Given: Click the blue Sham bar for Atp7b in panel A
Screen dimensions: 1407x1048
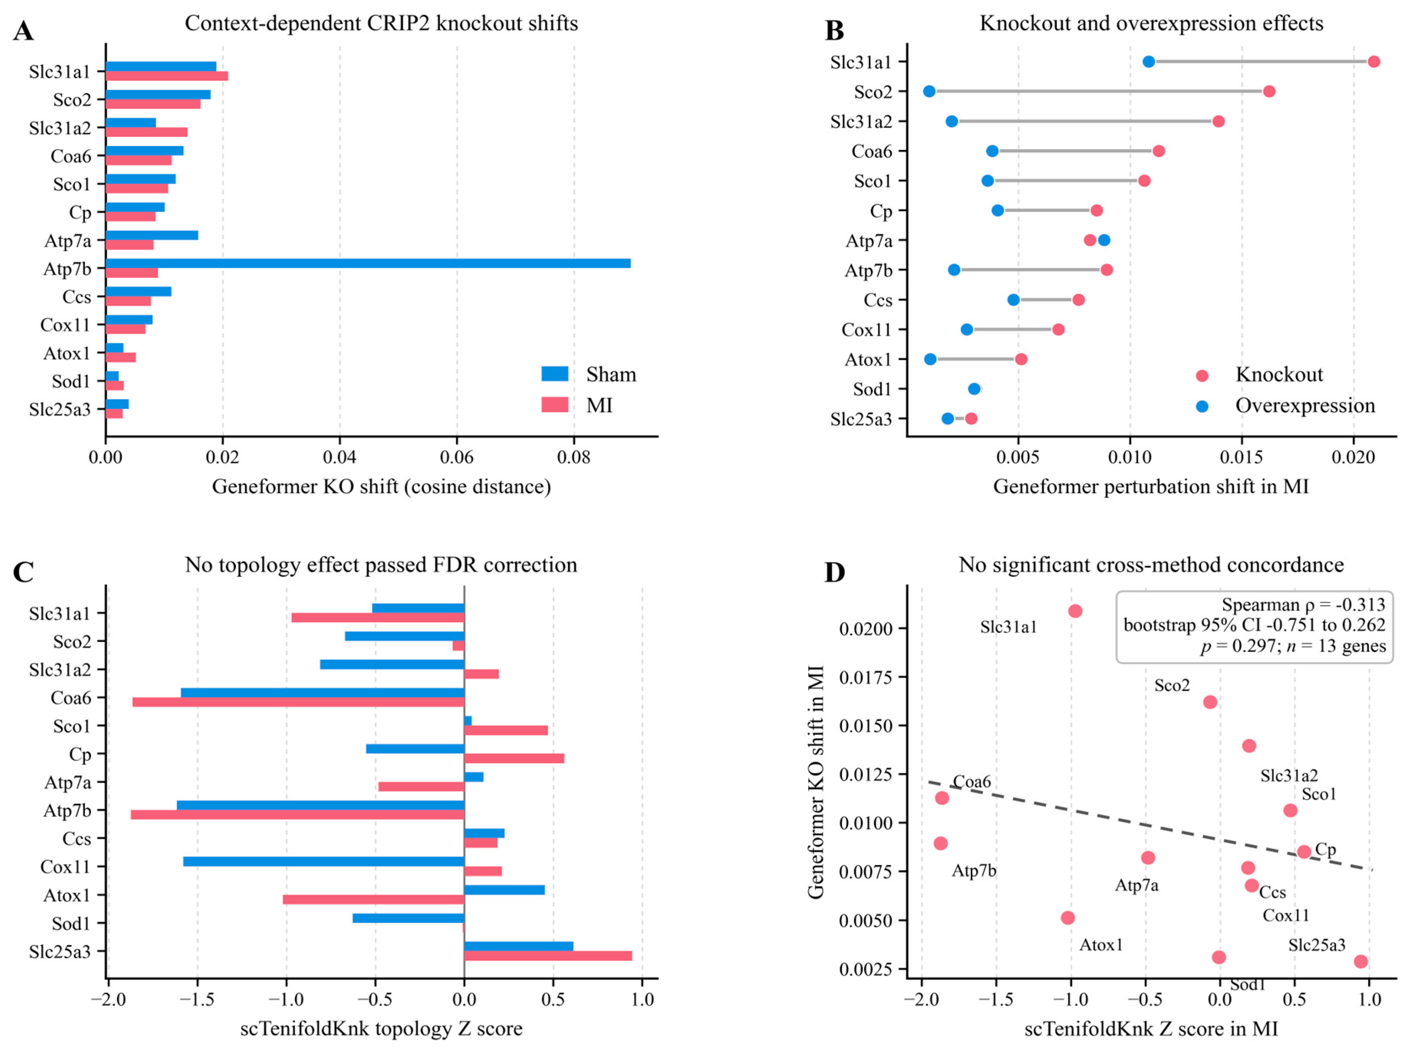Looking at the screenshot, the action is pyautogui.click(x=368, y=263).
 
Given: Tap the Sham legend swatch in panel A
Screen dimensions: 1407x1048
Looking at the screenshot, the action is pyautogui.click(x=555, y=374).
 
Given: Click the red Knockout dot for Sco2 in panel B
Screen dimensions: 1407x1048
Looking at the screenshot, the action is pyautogui.click(x=1269, y=91).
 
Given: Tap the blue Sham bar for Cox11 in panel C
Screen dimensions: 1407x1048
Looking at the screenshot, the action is pyautogui.click(x=324, y=861).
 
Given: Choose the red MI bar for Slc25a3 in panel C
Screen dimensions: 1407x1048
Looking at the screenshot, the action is pyautogui.click(x=548, y=956).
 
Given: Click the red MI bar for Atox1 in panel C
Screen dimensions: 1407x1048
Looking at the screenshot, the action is pyautogui.click(x=374, y=900).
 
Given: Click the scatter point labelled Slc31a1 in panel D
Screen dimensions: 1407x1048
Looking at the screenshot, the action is pyautogui.click(x=1075, y=611).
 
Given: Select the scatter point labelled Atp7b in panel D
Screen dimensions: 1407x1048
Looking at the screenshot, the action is pyautogui.click(x=940, y=843).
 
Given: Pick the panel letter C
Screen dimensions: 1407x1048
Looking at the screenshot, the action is pyautogui.click(x=23, y=572).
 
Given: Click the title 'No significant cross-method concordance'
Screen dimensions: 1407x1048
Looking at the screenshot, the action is pyautogui.click(x=1151, y=564).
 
